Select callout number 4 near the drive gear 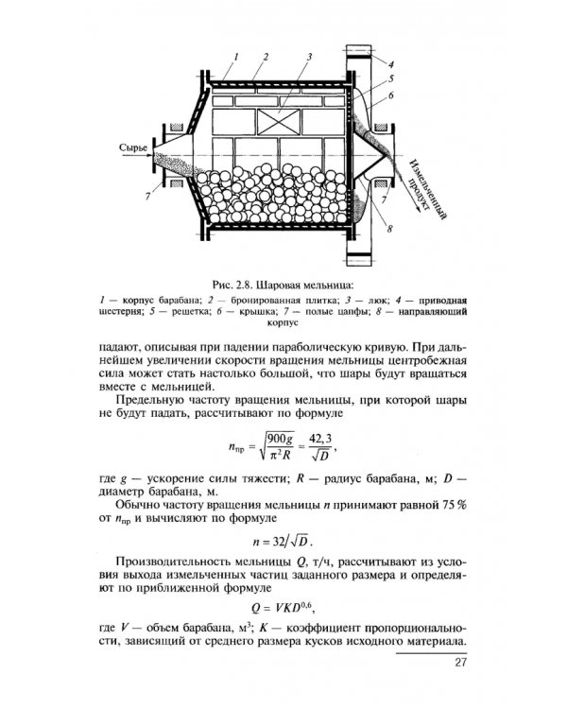click(x=389, y=62)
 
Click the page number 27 click(x=460, y=663)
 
